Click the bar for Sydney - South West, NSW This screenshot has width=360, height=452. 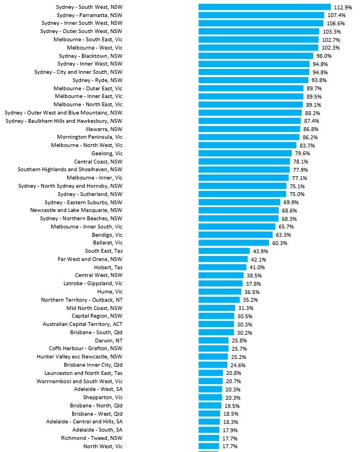[x=264, y=7]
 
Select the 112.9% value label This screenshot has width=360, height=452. [x=343, y=7]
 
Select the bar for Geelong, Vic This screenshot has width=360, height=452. [x=245, y=153]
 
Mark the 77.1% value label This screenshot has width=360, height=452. [x=299, y=178]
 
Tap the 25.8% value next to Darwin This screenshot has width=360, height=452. [x=239, y=340]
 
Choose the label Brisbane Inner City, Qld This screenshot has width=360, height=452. [x=93, y=364]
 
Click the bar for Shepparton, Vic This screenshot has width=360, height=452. [x=210, y=397]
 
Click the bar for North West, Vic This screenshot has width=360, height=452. [x=209, y=446]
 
